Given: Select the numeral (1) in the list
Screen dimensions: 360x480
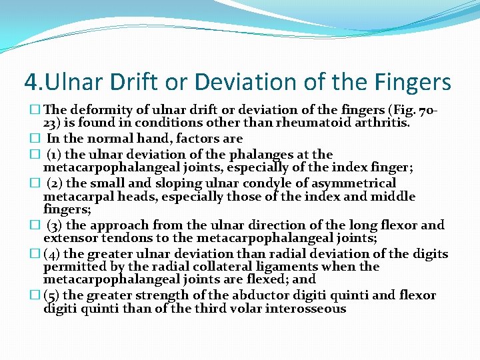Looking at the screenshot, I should coord(55,154).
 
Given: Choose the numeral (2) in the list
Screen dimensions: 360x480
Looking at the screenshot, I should coord(55,183).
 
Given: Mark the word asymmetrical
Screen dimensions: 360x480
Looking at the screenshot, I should coord(346,183).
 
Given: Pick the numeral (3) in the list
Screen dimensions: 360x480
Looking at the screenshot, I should coord(55,225).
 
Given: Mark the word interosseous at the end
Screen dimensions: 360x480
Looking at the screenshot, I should coord(309,308).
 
